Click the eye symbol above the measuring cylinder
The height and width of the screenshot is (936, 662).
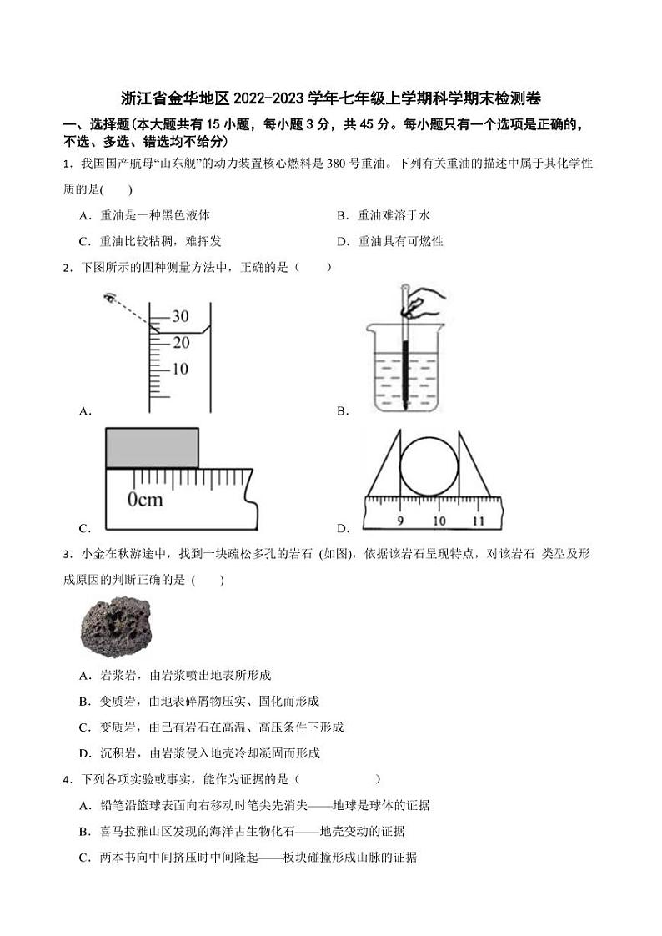coord(109,297)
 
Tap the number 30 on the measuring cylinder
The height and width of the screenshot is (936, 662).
coord(180,316)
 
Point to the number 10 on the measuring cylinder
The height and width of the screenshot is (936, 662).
coord(180,369)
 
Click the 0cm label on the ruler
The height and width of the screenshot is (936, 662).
coord(145,500)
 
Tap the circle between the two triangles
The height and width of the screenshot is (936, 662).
coord(429,465)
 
